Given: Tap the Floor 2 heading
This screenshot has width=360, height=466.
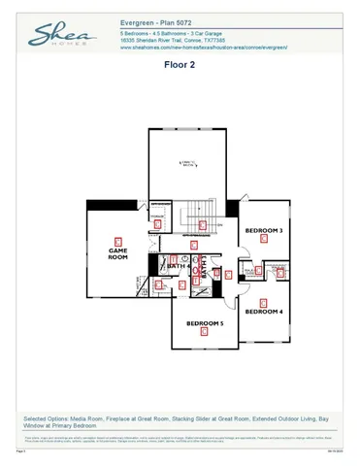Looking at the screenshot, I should pos(180,67).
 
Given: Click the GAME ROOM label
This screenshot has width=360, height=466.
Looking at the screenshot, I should pos(117,253).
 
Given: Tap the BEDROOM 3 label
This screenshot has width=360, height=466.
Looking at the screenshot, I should pos(263,231).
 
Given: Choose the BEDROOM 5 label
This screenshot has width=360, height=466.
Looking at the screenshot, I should pos(205,322).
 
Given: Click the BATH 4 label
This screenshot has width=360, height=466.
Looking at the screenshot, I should pos(178,265).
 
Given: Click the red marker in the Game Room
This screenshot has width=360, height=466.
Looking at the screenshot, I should pos(118,240).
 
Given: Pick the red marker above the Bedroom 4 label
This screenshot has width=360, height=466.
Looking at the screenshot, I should pos(264,301).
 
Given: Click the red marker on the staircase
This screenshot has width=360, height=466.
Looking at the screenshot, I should pos(202,225).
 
